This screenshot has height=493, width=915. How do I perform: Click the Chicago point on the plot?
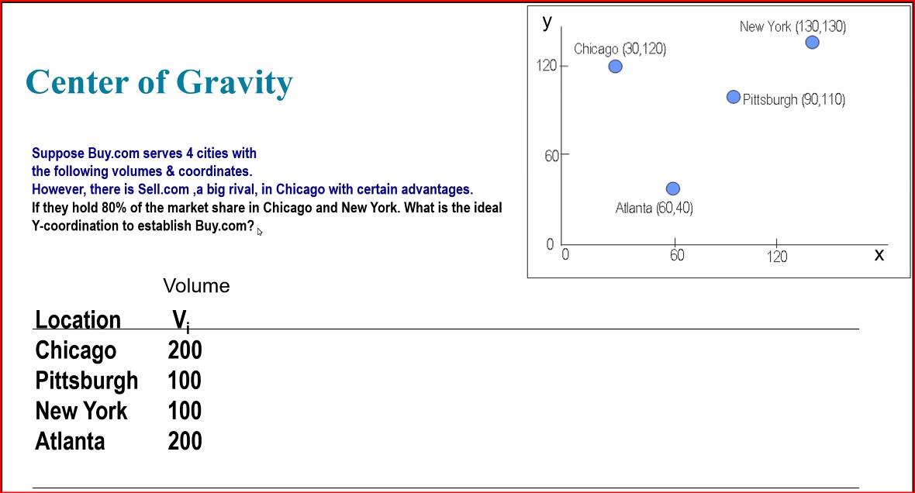click(615, 67)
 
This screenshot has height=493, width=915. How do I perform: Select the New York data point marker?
click(812, 42)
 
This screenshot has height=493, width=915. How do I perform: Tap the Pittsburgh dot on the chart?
click(734, 97)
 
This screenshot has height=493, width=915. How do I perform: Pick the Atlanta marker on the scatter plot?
click(673, 188)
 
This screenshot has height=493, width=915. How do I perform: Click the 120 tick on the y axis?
click(547, 65)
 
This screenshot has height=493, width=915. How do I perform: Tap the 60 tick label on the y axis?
click(551, 156)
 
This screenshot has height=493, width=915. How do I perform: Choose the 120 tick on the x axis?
click(776, 256)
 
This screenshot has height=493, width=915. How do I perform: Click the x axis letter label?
click(879, 254)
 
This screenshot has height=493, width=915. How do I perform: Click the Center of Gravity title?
click(159, 82)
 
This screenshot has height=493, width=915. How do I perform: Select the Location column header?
click(78, 319)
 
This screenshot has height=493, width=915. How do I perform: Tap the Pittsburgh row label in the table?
click(86, 381)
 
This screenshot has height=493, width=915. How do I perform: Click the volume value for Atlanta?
click(185, 441)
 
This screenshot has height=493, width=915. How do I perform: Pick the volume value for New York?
click(185, 411)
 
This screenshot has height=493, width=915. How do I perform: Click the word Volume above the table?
click(196, 286)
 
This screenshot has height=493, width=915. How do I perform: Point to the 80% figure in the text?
click(114, 208)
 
